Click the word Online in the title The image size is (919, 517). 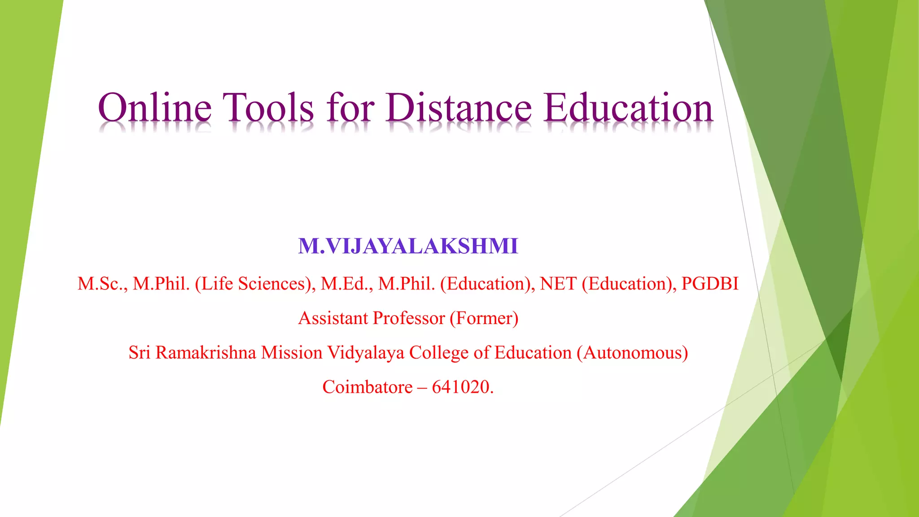pyautogui.click(x=154, y=108)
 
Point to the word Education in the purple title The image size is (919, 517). pyautogui.click(x=628, y=108)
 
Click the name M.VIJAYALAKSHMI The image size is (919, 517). pyautogui.click(x=408, y=246)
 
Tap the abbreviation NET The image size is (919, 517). pyautogui.click(x=558, y=284)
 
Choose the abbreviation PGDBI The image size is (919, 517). pyautogui.click(x=710, y=284)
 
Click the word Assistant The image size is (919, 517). pyautogui.click(x=333, y=318)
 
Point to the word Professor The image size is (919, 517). pyautogui.click(x=408, y=318)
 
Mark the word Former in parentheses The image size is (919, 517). pyautogui.click(x=484, y=318)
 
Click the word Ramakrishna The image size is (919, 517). pyautogui.click(x=206, y=353)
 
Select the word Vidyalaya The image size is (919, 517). pyautogui.click(x=365, y=353)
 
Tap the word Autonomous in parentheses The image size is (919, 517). pyautogui.click(x=632, y=353)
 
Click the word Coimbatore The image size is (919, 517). pyautogui.click(x=367, y=387)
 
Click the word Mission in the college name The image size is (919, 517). pyautogui.click(x=292, y=353)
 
